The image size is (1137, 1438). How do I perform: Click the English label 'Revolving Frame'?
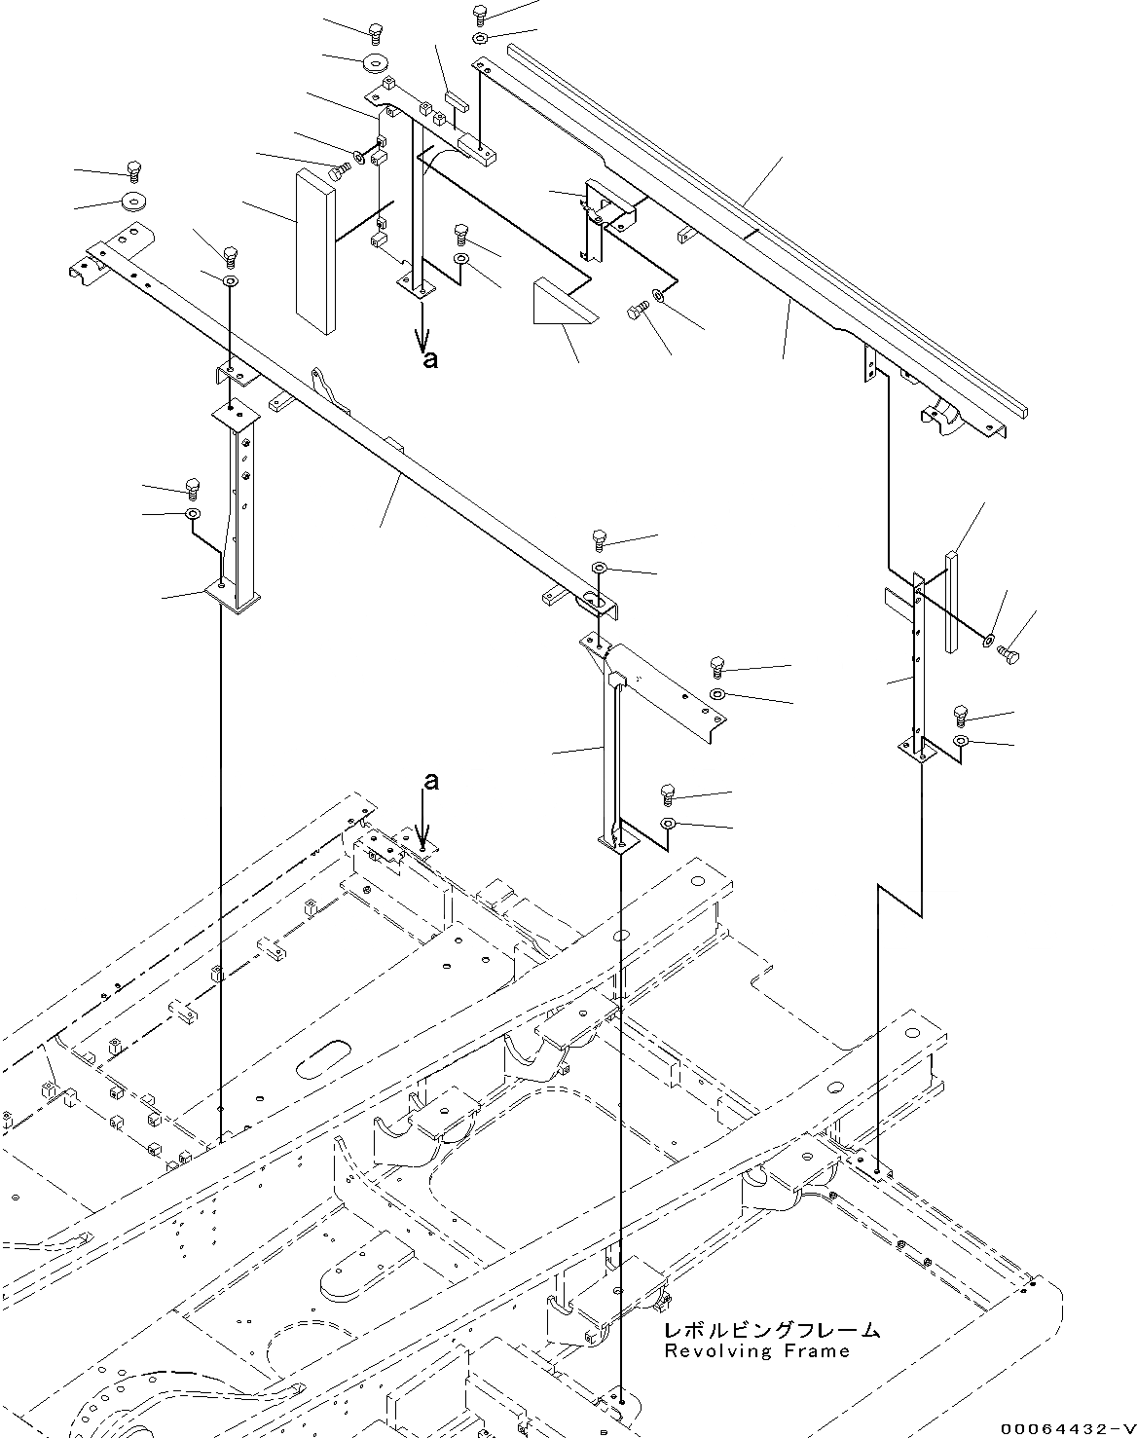[x=756, y=1350]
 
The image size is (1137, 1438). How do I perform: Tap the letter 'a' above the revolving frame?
[x=429, y=781]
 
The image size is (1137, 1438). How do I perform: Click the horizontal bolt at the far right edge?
[x=1009, y=657]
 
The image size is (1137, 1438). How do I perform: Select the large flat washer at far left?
[x=131, y=202]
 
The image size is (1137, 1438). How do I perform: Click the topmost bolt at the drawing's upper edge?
[x=479, y=13]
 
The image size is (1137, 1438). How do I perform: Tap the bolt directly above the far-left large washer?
[x=133, y=173]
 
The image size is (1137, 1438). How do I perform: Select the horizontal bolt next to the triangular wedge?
[x=638, y=310]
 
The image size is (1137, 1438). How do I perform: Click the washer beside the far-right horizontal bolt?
[x=989, y=640]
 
